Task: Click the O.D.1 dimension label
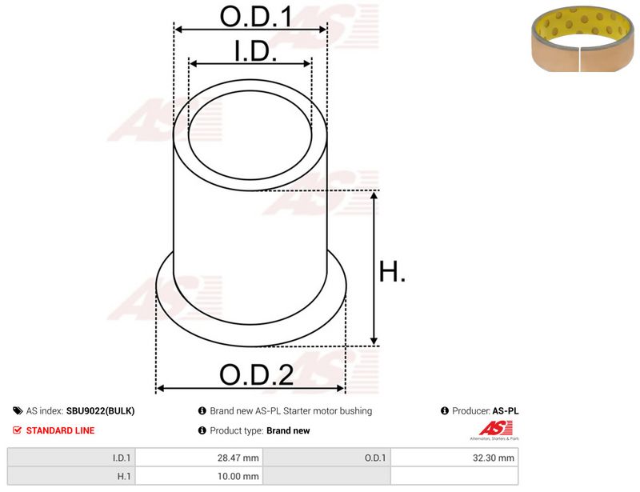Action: pos(256,17)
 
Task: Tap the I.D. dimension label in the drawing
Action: pos(255,51)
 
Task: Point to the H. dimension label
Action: pos(392,272)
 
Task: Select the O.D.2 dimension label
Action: pos(256,374)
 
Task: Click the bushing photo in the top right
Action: pos(582,38)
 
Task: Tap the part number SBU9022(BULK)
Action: pos(101,410)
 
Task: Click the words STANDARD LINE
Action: pos(61,430)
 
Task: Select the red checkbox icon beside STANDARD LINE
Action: pos(17,430)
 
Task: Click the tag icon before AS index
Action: pos(18,410)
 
